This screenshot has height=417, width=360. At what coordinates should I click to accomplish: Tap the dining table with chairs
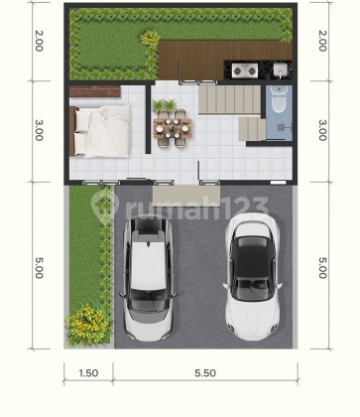pyautogui.click(x=173, y=126)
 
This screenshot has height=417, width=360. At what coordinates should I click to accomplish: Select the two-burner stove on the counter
pyautogui.click(x=245, y=69)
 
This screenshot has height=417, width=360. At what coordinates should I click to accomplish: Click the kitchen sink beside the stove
pyautogui.click(x=281, y=69)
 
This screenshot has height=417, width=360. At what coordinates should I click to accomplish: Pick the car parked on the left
pyautogui.click(x=146, y=278)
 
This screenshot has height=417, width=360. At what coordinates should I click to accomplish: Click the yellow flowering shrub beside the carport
pyautogui.click(x=86, y=323)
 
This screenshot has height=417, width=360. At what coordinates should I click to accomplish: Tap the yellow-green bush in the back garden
pyautogui.click(x=150, y=39)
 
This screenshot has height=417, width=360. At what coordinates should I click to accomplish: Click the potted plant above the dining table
pyautogui.click(x=165, y=103)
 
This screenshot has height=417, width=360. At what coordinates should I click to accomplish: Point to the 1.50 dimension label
pyautogui.click(x=88, y=373)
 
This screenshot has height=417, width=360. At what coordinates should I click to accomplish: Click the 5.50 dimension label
pyautogui.click(x=204, y=373)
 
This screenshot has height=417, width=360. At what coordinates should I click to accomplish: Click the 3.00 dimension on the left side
pyautogui.click(x=38, y=130)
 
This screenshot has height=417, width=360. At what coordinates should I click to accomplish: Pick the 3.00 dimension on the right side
pyautogui.click(x=321, y=130)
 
